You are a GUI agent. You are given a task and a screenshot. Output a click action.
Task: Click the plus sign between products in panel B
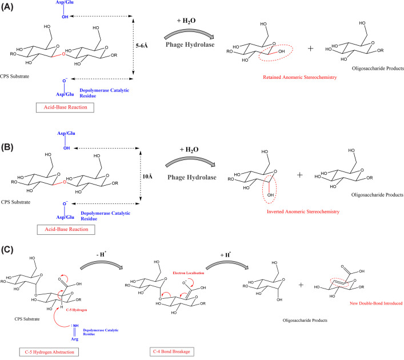[x=300, y=175]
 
